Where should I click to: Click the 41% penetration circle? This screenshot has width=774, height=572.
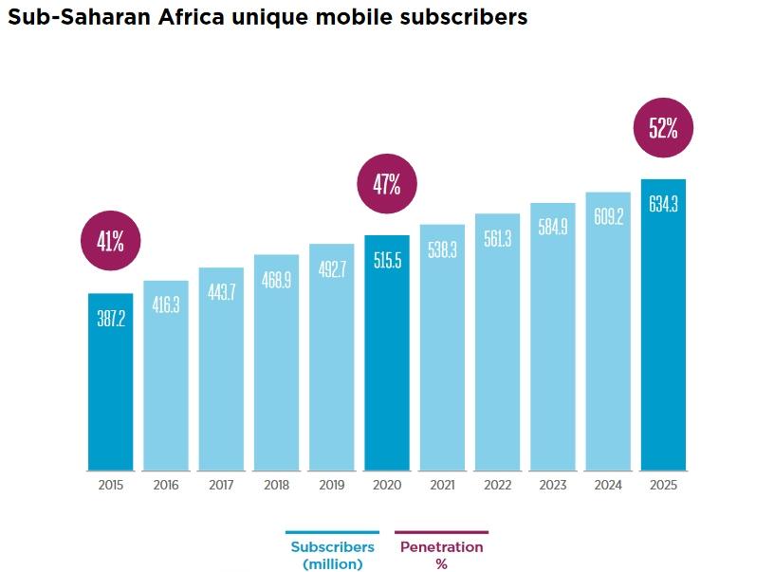[111, 241]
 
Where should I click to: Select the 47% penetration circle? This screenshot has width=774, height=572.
[386, 184]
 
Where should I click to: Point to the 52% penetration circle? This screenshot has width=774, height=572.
[663, 128]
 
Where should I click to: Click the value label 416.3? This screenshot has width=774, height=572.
[166, 305]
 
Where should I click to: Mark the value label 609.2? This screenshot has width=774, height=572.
[608, 217]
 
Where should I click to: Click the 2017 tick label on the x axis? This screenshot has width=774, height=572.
[221, 485]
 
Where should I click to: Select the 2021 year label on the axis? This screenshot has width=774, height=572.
[442, 485]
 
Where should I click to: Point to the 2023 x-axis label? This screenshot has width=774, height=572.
[553, 485]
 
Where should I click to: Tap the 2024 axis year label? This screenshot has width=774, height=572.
[608, 485]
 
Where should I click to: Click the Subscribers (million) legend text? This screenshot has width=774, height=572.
[332, 555]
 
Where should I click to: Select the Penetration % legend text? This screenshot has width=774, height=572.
[441, 555]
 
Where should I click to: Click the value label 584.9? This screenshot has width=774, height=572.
[553, 228]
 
